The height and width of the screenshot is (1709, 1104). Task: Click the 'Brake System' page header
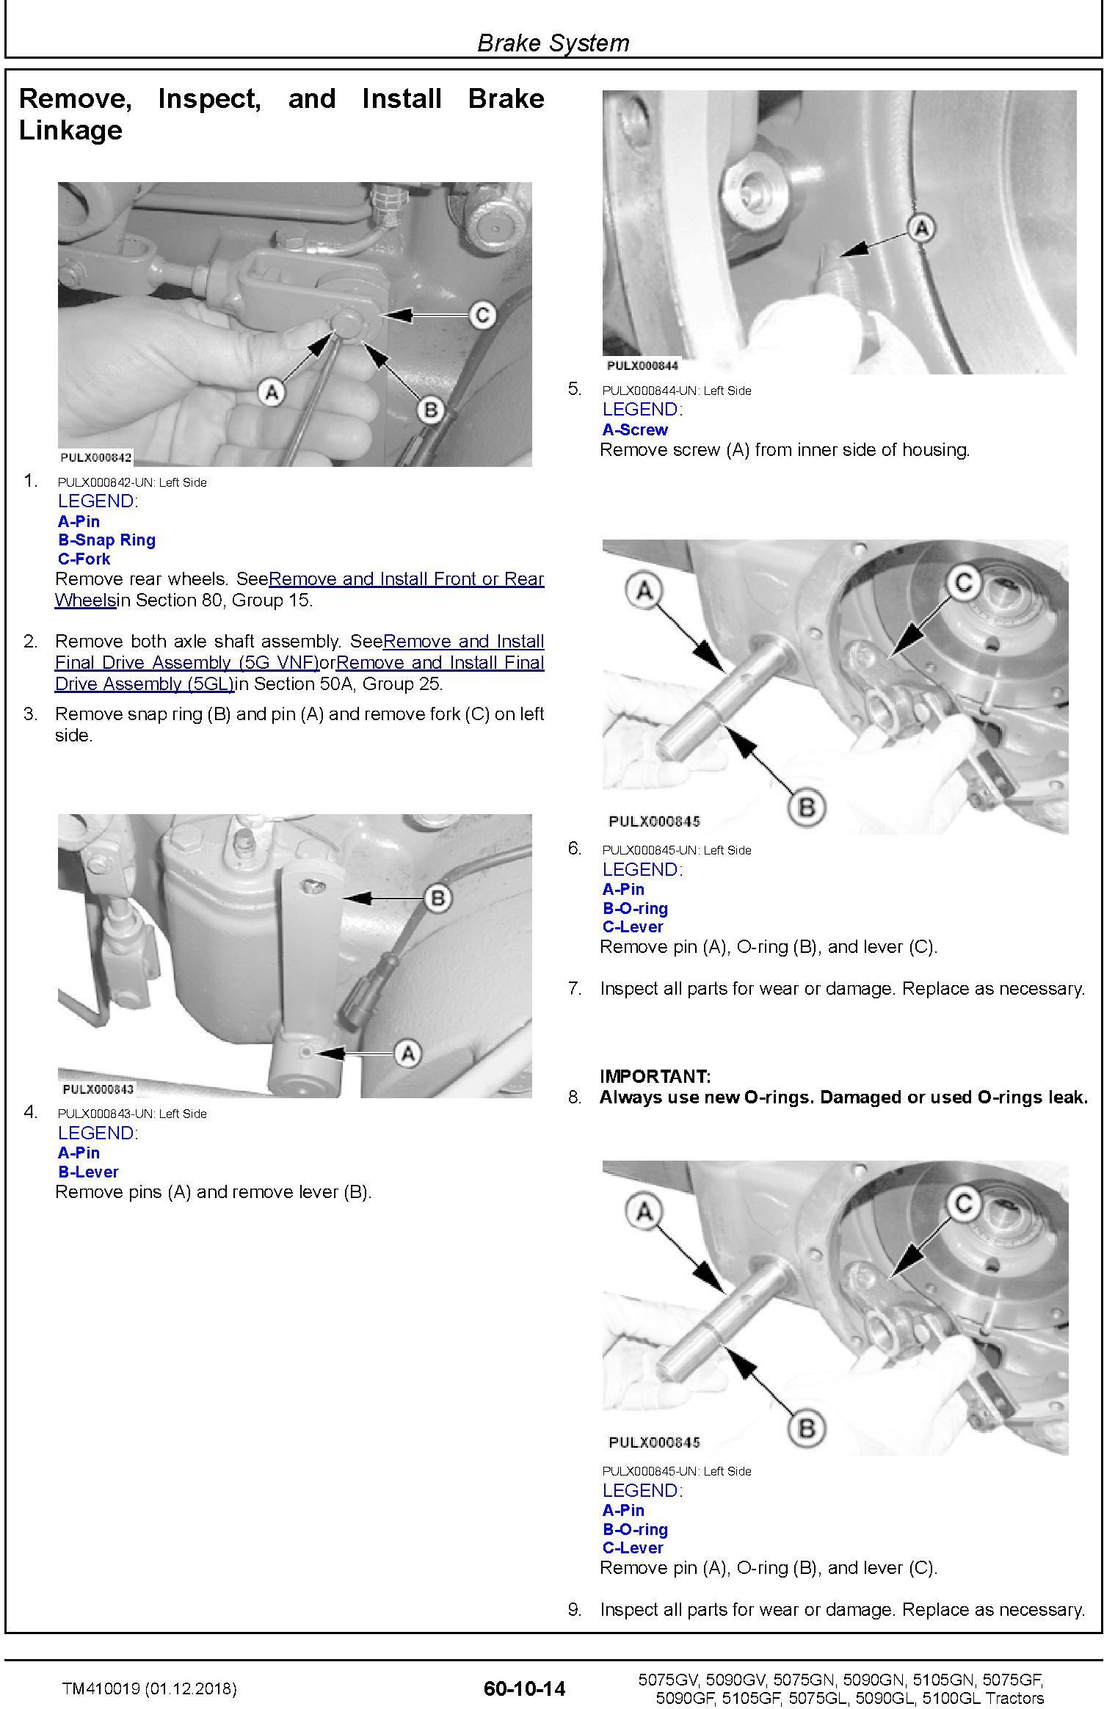[x=553, y=43]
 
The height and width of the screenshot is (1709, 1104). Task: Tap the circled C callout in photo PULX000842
[x=482, y=315]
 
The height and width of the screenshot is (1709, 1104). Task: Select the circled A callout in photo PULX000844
[x=921, y=228]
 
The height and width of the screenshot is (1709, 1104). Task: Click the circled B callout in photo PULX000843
[x=438, y=898]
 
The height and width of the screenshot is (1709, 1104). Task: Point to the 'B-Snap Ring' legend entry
[x=106, y=540]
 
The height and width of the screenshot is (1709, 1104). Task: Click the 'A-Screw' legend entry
[x=635, y=429]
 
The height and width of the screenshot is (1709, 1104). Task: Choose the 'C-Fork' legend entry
[x=84, y=559]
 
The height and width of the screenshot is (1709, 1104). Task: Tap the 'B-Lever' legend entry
[x=88, y=1172]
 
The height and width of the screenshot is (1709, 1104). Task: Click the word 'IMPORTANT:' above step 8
[x=655, y=1077]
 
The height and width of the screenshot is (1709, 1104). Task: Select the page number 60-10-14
[x=524, y=1688]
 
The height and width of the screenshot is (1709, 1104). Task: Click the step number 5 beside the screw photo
[x=574, y=389]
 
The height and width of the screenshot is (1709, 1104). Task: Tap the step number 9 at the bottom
[x=574, y=1609]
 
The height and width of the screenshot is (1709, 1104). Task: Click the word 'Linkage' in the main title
[x=70, y=131]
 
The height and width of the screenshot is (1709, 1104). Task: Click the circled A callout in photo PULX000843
[x=407, y=1054]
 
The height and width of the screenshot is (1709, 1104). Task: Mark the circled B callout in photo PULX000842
[x=431, y=410]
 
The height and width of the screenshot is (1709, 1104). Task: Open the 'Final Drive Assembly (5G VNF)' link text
[x=186, y=663]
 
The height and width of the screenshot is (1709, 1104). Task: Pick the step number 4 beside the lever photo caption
[x=30, y=1112]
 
